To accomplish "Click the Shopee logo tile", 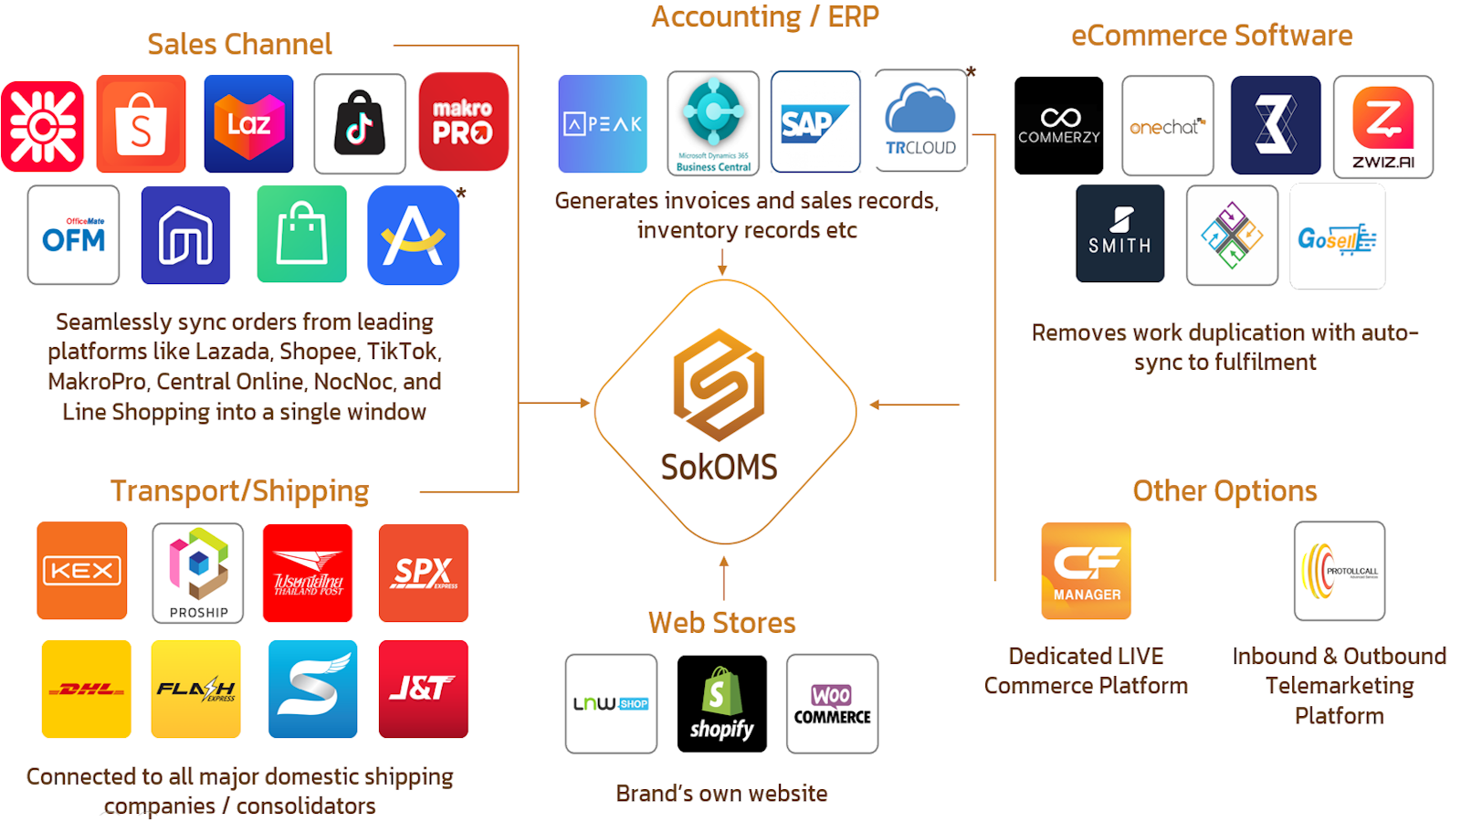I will (x=141, y=124).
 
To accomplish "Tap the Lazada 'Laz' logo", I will (x=248, y=124).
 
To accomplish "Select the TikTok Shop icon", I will (x=360, y=124).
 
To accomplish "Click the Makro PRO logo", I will (x=463, y=122).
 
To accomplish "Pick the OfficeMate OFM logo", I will (x=73, y=236).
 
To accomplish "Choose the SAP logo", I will (x=815, y=122).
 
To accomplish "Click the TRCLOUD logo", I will (x=920, y=121).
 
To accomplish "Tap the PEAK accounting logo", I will (x=603, y=124).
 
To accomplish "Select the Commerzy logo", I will (x=1058, y=126).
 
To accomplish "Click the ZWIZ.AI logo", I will (x=1383, y=126).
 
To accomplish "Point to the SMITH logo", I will (x=1119, y=234).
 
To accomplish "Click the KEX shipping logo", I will (x=82, y=571).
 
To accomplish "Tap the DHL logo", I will (x=87, y=689).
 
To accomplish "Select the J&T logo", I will (x=423, y=689).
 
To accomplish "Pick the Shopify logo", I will (x=721, y=704).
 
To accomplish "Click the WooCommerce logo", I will (x=832, y=704).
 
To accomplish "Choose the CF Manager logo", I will (x=1087, y=571).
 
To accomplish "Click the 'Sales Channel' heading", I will (x=239, y=44).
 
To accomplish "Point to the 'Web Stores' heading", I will (x=721, y=623).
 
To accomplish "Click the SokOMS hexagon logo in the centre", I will (x=720, y=385).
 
